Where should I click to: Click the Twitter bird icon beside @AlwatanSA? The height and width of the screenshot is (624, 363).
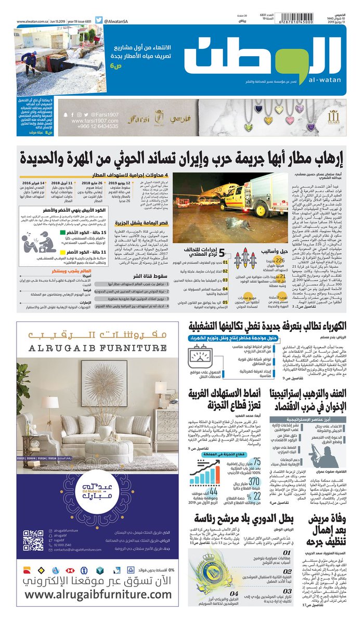(98, 21)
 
